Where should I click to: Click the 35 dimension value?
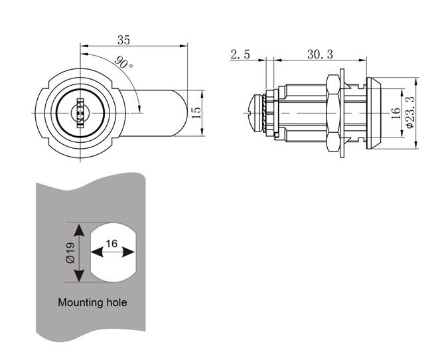pos(123,39)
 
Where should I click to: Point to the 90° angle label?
pos(123,65)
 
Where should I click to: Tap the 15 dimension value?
pos(196,113)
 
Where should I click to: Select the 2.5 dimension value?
pos(240,54)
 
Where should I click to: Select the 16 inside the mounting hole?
pos(111,244)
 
